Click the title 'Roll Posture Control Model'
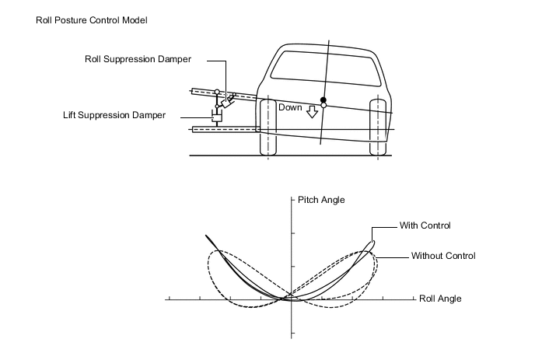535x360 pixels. point(92,19)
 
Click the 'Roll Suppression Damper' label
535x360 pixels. point(138,58)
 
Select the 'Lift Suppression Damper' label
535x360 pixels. point(114,115)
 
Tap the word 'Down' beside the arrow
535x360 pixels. point(290,108)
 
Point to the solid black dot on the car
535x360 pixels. point(323,100)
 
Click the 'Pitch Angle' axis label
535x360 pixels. point(321,200)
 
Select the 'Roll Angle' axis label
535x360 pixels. point(440,298)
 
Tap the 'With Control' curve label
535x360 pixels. point(425,225)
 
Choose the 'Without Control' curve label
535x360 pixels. point(442,255)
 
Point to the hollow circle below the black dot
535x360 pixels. point(323,107)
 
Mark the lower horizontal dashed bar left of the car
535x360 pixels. point(226,129)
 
